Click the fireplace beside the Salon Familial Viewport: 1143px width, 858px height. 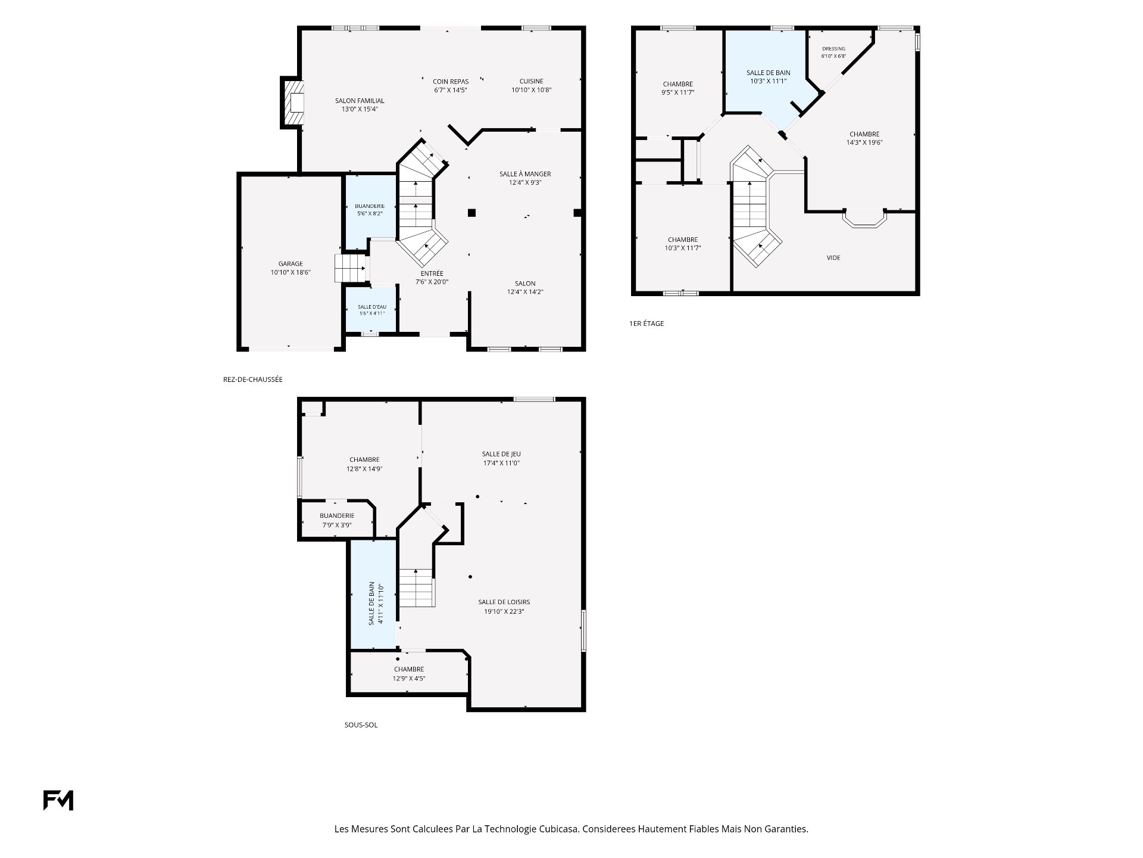click(x=292, y=102)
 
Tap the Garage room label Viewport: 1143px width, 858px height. click(x=291, y=268)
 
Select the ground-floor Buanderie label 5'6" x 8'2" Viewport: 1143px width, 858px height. click(x=370, y=209)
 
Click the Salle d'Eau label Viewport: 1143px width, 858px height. click(x=372, y=310)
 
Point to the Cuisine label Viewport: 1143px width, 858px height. click(x=531, y=85)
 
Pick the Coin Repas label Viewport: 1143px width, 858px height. click(x=451, y=85)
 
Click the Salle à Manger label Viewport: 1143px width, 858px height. click(x=525, y=178)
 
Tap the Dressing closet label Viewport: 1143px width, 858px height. click(x=833, y=52)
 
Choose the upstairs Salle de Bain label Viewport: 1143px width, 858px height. click(x=769, y=77)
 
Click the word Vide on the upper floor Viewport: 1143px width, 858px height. click(x=833, y=257)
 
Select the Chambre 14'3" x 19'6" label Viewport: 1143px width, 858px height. click(x=864, y=138)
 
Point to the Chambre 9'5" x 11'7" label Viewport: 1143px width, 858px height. click(x=678, y=88)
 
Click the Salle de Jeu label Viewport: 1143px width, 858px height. click(x=501, y=458)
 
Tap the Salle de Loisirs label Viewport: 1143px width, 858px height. click(x=504, y=607)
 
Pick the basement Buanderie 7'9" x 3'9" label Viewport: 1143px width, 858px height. click(x=337, y=520)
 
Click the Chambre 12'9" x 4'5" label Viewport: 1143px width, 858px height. click(x=409, y=674)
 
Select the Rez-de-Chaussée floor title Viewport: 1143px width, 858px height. click(x=253, y=379)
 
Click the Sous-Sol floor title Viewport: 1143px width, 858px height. click(x=361, y=725)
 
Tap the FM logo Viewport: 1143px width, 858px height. click(x=58, y=800)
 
